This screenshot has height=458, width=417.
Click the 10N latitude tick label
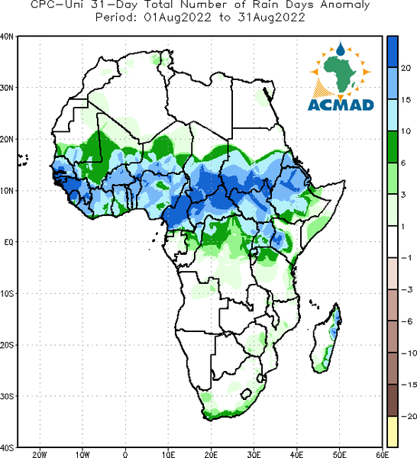6,191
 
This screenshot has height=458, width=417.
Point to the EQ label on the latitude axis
8,242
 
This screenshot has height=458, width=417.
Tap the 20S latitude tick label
6,345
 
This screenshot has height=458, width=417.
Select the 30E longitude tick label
254,454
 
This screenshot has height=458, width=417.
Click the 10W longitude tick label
82,454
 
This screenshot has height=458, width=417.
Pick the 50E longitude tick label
339,454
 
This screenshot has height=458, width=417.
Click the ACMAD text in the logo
341,105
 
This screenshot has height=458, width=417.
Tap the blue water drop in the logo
341,49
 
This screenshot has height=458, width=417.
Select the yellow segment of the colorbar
393,431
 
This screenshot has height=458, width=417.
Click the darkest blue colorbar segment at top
393,52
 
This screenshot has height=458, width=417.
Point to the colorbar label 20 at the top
406,68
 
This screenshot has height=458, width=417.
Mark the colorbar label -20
409,416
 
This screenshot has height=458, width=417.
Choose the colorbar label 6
403,163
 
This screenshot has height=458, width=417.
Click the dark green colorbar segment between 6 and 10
393,147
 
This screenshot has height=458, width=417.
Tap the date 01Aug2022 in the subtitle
178,18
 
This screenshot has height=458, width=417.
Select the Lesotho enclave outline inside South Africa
247,394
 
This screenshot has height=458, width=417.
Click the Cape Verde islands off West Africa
22,160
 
